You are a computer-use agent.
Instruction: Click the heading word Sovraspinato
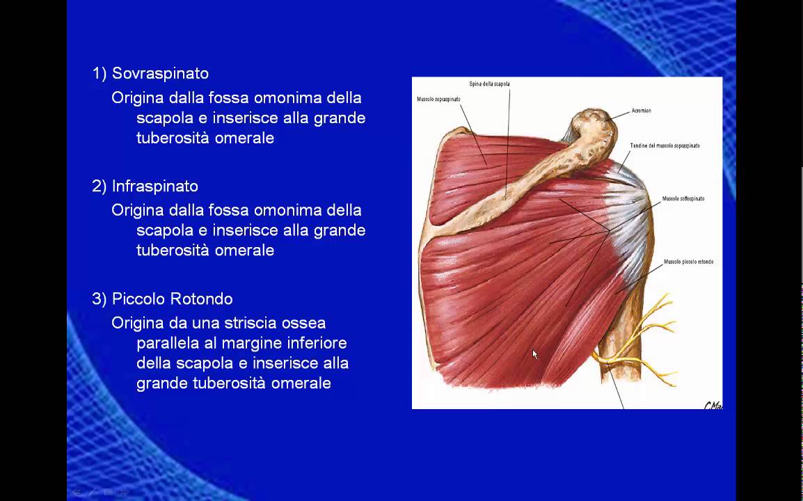(160, 74)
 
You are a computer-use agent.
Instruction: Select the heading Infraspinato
(155, 186)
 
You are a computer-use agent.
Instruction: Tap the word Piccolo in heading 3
(136, 299)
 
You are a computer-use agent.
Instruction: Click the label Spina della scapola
(489, 84)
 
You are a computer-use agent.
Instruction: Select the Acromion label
(642, 111)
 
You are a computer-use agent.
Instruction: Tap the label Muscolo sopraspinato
(438, 100)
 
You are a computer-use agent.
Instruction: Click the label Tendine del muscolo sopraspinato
(665, 145)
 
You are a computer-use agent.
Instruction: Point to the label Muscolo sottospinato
(683, 198)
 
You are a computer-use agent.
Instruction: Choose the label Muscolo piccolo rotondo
(688, 262)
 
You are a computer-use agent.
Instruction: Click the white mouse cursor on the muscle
(534, 354)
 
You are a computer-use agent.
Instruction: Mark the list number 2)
(100, 186)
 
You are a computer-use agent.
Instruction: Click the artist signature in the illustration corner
(713, 404)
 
